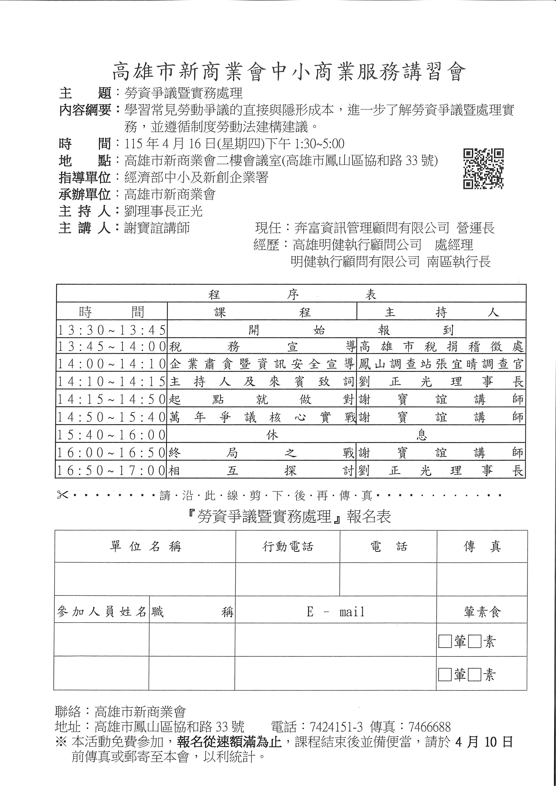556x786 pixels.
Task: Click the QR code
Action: tap(483, 168)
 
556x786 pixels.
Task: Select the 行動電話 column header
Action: tap(288, 547)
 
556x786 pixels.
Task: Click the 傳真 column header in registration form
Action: tap(482, 547)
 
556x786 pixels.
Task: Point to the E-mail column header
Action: tap(336, 612)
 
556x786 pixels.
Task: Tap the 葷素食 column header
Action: tap(482, 612)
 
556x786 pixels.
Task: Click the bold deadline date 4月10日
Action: tap(484, 742)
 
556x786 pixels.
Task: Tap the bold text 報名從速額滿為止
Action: tap(229, 742)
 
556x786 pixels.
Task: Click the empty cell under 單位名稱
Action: tap(145, 579)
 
